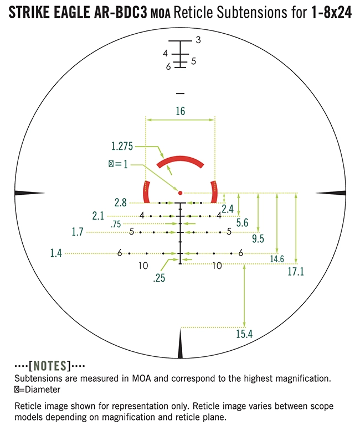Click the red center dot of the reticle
click(180, 193)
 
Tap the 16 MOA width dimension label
click(180, 111)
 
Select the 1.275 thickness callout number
click(122, 146)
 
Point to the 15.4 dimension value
click(244, 334)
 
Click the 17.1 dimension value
click(296, 272)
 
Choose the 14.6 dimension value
click(277, 259)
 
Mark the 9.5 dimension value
click(258, 238)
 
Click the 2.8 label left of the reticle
click(120, 202)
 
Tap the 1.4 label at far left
click(56, 253)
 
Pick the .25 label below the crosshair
click(159, 278)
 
